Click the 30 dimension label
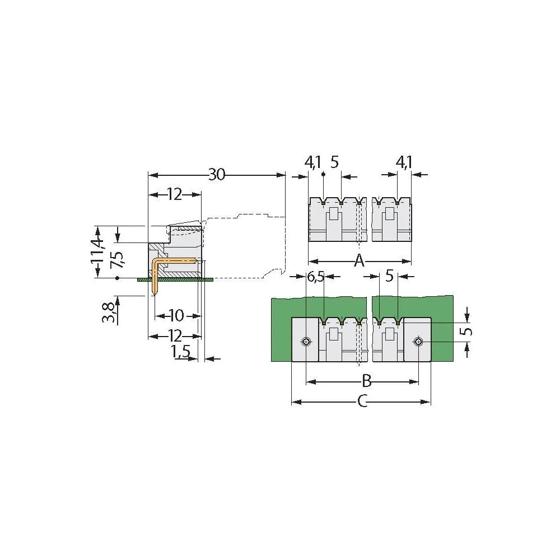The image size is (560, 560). [217, 175]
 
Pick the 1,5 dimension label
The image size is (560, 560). [180, 352]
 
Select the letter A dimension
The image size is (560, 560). [360, 261]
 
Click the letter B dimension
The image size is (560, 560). [366, 381]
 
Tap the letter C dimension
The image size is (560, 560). [362, 402]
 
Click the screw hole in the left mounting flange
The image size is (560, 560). [306, 342]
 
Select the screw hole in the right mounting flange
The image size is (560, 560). [418, 342]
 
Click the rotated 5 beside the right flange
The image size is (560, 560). [468, 331]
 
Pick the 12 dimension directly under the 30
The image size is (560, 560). [174, 194]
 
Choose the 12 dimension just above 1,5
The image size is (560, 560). [174, 336]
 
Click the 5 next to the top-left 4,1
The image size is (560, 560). [334, 162]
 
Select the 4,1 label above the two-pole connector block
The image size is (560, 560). [404, 162]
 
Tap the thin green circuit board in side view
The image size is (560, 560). [175, 279]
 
